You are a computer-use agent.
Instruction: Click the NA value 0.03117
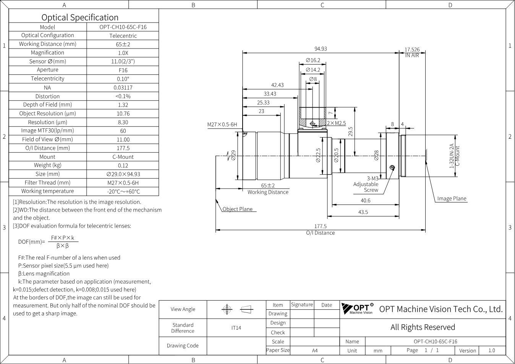tap(123, 87)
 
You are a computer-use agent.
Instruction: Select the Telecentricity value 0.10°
tap(123, 79)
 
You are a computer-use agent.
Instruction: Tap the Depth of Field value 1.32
tap(123, 105)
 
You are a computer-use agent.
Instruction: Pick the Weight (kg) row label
tap(47, 165)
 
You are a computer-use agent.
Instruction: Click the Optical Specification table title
tap(80, 17)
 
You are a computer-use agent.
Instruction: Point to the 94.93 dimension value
tap(321, 49)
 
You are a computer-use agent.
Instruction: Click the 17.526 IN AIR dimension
tap(412, 52)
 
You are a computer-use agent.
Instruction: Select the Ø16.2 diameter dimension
tap(313, 60)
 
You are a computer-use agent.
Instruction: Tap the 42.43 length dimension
tap(277, 85)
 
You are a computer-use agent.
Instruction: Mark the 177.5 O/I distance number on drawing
tap(320, 226)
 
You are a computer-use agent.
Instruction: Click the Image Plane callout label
tap(452, 199)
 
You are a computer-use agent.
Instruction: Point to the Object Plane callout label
tap(238, 209)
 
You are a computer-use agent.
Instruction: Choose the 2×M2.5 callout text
tap(336, 123)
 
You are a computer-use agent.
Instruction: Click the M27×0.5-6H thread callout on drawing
tap(222, 125)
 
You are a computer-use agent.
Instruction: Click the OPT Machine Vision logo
tap(357, 309)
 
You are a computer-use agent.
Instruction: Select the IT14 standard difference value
tap(236, 328)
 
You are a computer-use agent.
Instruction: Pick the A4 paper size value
tap(314, 351)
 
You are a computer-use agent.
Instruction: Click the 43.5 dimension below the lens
tap(363, 212)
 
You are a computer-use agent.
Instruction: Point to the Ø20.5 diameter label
tap(336, 155)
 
